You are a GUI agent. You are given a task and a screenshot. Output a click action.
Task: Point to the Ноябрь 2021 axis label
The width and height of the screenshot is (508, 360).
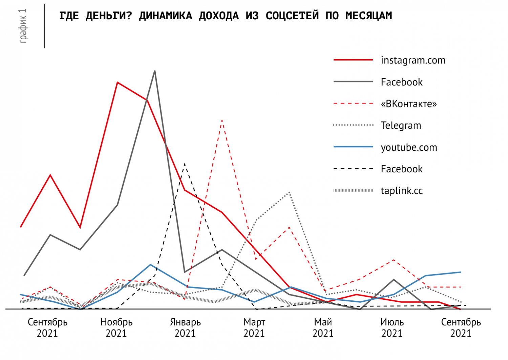coord(117,328)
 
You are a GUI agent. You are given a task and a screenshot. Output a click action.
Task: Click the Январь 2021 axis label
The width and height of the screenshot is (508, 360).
coord(185,328)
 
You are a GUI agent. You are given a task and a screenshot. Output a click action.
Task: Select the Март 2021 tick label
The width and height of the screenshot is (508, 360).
coord(254,328)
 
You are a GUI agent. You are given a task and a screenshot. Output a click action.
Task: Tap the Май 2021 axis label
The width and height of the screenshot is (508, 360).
coord(323,328)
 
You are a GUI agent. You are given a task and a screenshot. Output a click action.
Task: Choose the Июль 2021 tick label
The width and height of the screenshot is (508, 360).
coord(392,328)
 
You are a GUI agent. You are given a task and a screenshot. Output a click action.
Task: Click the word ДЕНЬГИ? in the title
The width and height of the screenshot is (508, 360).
coord(109,16)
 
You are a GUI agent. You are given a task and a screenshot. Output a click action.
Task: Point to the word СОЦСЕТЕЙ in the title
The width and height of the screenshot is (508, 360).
coord(292,16)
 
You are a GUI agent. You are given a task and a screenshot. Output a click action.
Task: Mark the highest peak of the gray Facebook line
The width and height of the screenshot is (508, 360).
coord(155,71)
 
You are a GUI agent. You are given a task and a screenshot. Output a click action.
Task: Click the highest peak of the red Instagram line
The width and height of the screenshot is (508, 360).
coord(117,82)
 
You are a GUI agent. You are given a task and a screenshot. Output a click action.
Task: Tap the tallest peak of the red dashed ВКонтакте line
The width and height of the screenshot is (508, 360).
coord(222,120)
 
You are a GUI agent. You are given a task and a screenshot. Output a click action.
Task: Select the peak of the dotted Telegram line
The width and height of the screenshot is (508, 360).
coord(289,192)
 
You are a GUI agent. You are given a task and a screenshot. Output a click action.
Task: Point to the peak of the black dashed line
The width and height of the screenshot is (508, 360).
coord(185,163)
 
